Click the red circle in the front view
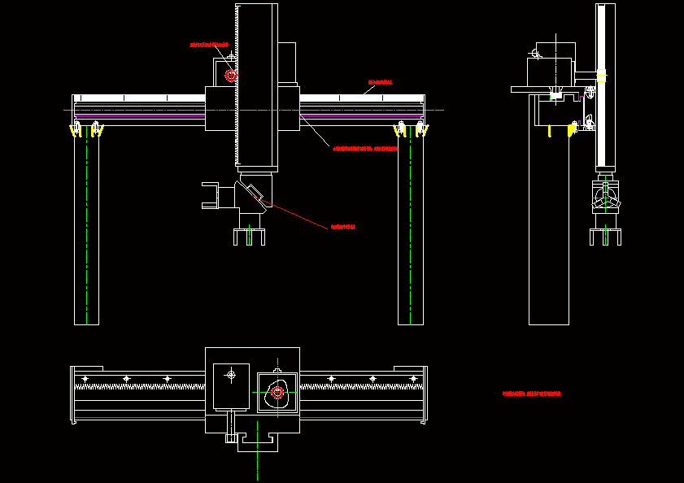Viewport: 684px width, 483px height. pyautogui.click(x=231, y=76)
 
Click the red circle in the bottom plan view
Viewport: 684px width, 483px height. pyautogui.click(x=277, y=393)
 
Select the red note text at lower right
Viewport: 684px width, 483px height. pyautogui.click(x=532, y=394)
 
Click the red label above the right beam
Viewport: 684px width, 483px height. pyautogui.click(x=381, y=82)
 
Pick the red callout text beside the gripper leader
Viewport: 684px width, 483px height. pyautogui.click(x=342, y=227)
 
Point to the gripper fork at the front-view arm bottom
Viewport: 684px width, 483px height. pyautogui.click(x=250, y=237)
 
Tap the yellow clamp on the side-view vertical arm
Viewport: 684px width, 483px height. pyautogui.click(x=602, y=76)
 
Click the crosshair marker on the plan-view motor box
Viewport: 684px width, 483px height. pyautogui.click(x=231, y=375)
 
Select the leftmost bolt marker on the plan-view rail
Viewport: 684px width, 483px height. pyautogui.click(x=85, y=379)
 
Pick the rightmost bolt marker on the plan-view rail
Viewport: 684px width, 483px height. pyautogui.click(x=414, y=379)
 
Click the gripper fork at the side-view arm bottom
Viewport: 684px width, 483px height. pyautogui.click(x=605, y=236)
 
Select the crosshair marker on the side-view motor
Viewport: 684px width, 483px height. pyautogui.click(x=535, y=54)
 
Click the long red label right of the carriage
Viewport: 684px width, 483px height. pyautogui.click(x=365, y=149)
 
